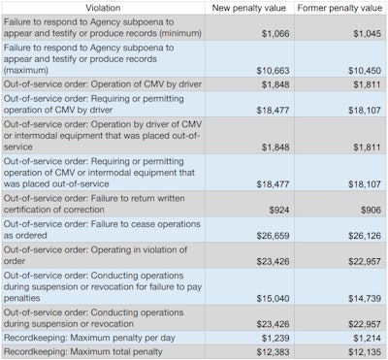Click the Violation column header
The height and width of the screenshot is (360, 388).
(x=102, y=7)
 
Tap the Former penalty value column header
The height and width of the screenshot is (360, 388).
(x=339, y=7)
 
